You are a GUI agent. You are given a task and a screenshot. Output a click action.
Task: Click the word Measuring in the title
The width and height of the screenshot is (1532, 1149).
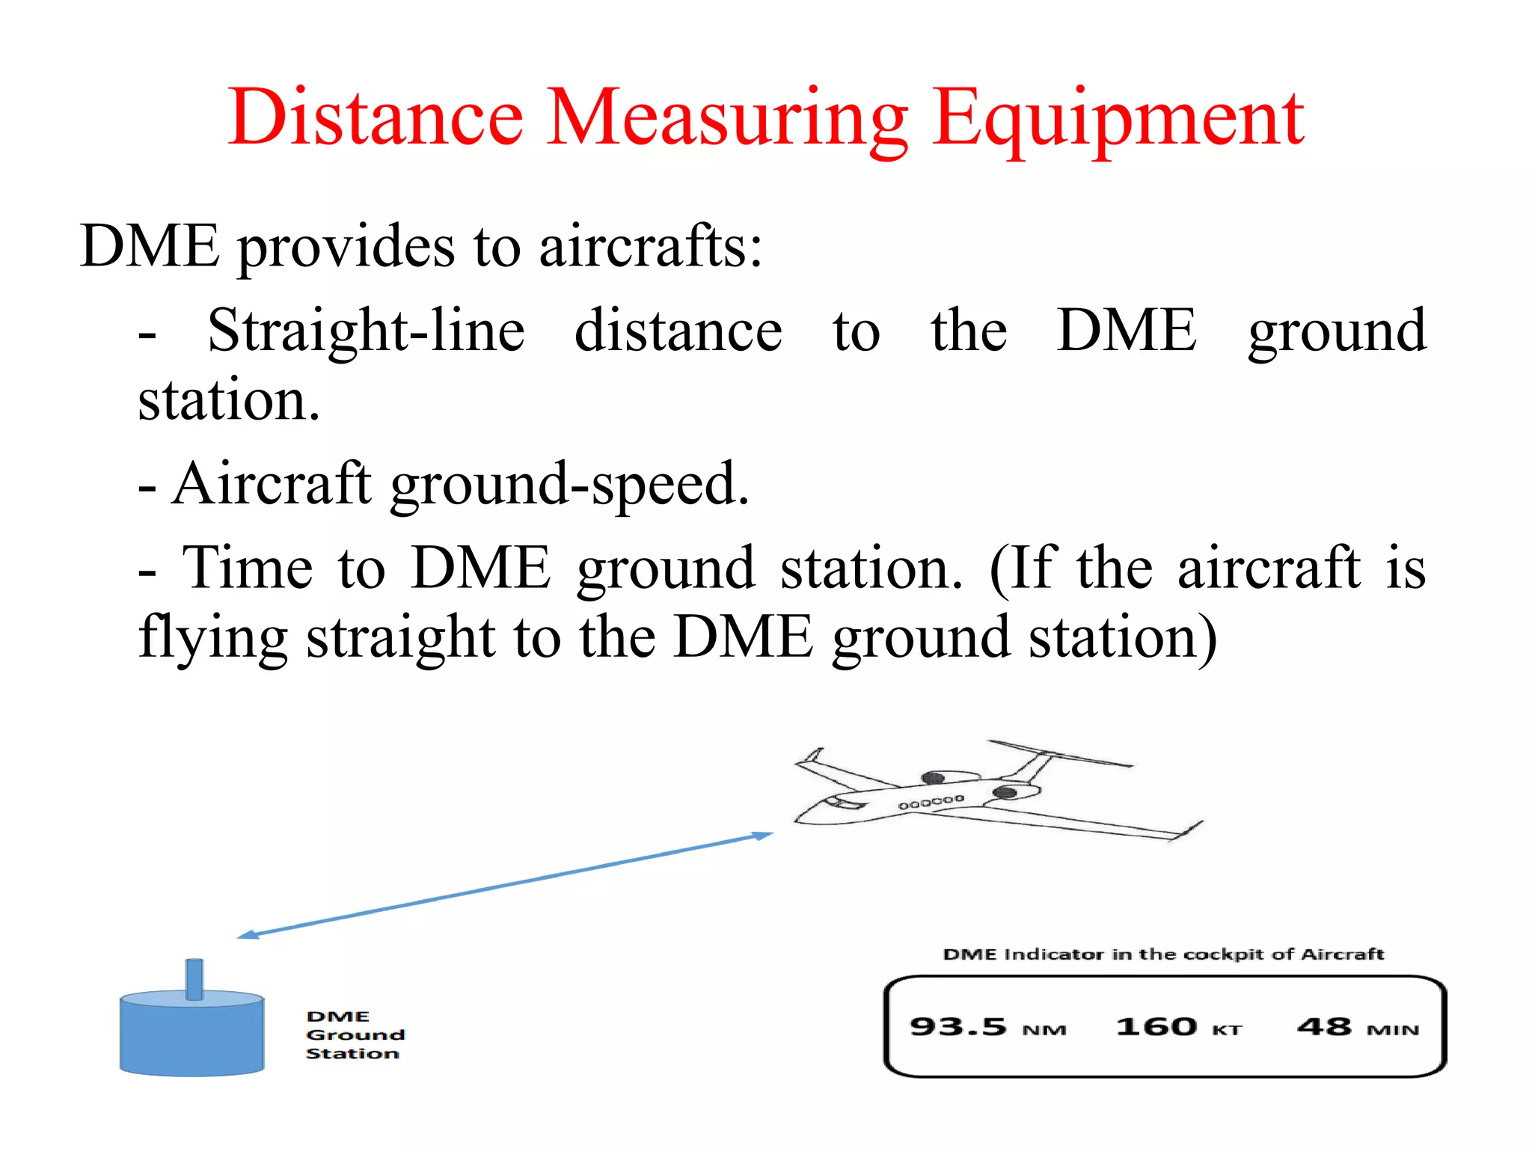(727, 120)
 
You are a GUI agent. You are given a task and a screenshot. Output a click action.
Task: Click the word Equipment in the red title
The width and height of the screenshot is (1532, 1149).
(1118, 120)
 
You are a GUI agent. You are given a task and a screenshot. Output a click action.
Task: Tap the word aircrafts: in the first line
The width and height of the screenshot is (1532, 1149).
(650, 247)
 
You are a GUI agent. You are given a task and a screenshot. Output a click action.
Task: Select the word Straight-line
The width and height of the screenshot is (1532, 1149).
(366, 331)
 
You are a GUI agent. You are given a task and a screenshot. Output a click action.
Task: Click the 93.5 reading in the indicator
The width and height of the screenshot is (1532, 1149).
(957, 1027)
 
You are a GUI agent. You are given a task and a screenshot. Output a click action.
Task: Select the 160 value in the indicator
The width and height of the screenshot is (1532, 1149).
(1156, 1027)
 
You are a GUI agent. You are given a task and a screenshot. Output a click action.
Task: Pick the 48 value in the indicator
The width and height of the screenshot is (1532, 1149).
(1324, 1027)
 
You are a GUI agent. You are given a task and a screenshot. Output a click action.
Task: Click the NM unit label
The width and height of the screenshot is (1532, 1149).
(1044, 1031)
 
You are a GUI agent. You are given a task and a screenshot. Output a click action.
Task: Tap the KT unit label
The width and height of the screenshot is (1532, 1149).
(1227, 1031)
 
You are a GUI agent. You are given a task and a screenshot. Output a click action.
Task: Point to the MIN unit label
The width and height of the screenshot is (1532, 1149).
(1393, 1031)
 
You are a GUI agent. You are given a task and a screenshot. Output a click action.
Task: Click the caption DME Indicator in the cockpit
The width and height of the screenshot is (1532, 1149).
(1163, 955)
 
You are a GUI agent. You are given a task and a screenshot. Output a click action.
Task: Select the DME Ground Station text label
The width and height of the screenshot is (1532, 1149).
(355, 1035)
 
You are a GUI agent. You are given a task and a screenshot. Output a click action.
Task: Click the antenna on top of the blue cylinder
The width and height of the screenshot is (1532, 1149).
(194, 978)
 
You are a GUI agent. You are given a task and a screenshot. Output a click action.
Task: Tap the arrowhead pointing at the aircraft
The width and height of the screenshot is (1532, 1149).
(763, 836)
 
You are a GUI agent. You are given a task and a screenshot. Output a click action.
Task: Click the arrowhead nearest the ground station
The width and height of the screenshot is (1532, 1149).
(248, 934)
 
